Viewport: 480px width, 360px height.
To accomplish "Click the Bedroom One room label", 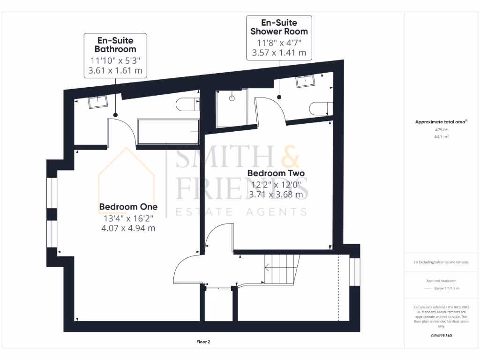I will click(128, 207).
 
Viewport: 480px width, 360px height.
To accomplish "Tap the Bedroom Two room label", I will click(276, 173).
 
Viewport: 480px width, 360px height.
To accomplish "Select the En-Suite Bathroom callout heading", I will click(115, 45).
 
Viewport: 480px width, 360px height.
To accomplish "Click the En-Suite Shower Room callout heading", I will click(279, 27).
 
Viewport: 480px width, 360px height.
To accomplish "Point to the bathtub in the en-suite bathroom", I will click(168, 132).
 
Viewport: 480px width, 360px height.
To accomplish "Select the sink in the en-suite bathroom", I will click(97, 101).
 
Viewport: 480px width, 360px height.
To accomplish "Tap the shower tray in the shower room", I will click(232, 109).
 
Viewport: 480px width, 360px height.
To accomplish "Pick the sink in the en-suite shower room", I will click(305, 81).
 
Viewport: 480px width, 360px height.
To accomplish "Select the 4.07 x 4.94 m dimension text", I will click(128, 228).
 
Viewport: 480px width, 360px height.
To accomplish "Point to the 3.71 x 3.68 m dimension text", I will click(276, 194).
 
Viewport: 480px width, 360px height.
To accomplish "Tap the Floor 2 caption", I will click(203, 342).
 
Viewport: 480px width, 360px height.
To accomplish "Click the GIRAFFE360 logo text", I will click(441, 336).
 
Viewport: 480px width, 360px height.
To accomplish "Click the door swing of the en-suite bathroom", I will click(123, 132).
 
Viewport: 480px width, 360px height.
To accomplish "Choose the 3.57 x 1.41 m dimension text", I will click(279, 53).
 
